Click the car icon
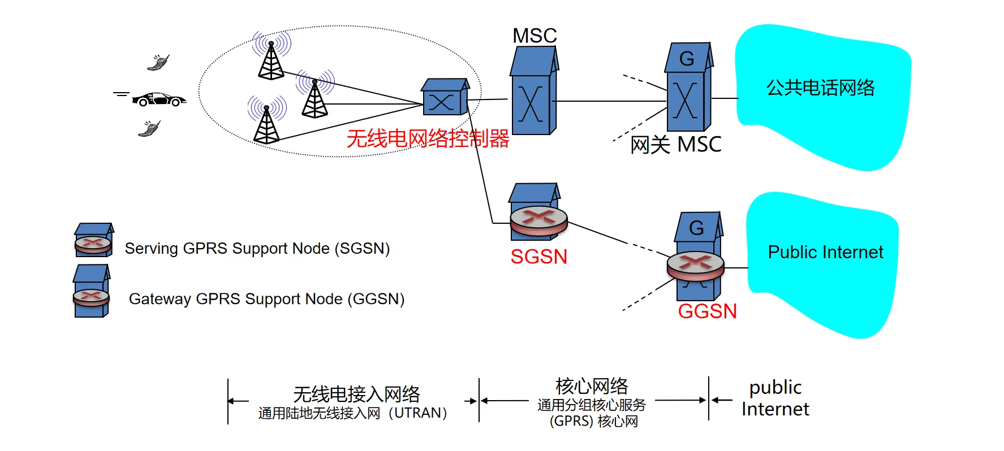tap(159, 99)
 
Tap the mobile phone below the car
tap(149, 129)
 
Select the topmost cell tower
tap(272, 59)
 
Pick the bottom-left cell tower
tap(266, 123)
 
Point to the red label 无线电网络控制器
tap(428, 138)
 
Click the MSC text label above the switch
tap(535, 36)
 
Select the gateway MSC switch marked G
tap(688, 88)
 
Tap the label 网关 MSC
tap(676, 145)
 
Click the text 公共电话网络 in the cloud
tap(820, 88)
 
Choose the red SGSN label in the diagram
tap(538, 257)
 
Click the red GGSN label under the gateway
tap(707, 311)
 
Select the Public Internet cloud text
tap(825, 252)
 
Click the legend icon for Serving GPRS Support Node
tap(94, 240)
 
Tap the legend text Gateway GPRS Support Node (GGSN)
tap(266, 298)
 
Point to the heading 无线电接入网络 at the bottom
tap(356, 393)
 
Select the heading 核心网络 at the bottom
tap(592, 386)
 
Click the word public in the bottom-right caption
tap(775, 388)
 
